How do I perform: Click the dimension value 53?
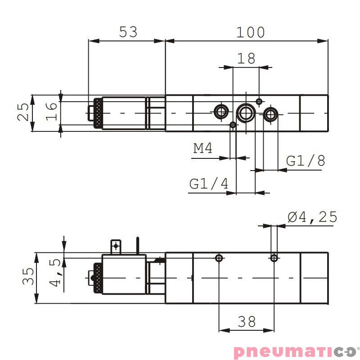128,32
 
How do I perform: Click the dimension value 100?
251,32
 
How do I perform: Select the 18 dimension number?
246,58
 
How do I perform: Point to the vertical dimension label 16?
52,112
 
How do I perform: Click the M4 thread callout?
203,148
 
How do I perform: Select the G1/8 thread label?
306,161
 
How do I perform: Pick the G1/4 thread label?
209,184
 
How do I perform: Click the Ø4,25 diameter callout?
312,217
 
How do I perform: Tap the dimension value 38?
247,321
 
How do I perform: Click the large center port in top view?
246,112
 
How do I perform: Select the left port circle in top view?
221,111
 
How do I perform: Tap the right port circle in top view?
270,114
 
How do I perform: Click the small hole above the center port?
259,101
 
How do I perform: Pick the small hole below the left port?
233,125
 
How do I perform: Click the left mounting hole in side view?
219,258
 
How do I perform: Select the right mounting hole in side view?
274,258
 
